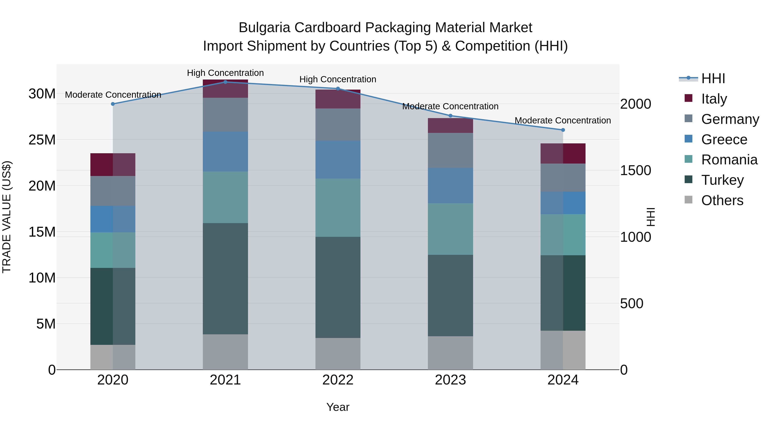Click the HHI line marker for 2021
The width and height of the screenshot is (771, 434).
225,82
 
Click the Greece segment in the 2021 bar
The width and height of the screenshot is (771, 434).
225,152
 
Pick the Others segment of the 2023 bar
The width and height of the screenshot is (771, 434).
450,353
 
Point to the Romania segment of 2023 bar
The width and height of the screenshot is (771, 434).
450,229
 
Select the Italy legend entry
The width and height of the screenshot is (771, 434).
714,99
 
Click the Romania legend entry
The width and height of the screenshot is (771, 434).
729,160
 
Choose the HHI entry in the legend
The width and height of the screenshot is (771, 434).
713,78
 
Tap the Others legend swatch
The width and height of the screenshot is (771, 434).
688,200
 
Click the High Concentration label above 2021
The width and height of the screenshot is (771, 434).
225,73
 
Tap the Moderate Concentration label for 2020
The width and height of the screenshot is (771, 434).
113,95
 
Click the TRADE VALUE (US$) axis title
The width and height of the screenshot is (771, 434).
7,217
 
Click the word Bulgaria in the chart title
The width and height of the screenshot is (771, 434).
264,28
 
